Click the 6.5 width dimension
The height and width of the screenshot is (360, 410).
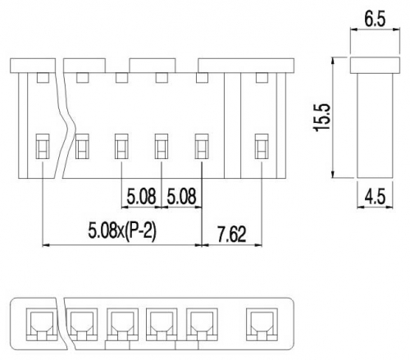(375, 20)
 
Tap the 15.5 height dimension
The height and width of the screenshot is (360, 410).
(322, 117)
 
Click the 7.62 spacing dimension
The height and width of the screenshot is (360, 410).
(231, 235)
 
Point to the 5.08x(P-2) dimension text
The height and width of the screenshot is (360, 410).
(122, 231)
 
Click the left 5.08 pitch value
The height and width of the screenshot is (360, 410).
(141, 196)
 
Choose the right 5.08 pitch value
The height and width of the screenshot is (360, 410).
(181, 196)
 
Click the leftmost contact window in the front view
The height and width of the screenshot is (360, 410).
(43, 146)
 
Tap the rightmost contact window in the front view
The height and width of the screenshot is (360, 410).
(262, 146)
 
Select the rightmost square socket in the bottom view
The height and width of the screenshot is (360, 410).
(262, 325)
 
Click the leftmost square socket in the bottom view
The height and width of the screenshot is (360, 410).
(42, 325)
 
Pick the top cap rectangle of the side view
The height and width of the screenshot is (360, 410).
(375, 66)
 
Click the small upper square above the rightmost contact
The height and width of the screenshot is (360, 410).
(262, 78)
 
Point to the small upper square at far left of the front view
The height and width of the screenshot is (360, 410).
(43, 78)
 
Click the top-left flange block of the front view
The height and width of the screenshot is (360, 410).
(33, 66)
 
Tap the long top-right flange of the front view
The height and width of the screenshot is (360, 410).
(246, 66)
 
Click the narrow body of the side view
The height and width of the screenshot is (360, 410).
(375, 125)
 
